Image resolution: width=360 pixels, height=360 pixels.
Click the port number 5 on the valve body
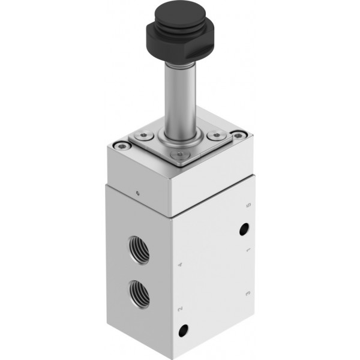pyautogui.click(x=248, y=205)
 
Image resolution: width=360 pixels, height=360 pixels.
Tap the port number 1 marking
pyautogui.click(x=248, y=250)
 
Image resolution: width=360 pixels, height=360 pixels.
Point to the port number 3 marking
pyautogui.click(x=248, y=293)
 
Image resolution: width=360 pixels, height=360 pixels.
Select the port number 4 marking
pyautogui.click(x=181, y=265)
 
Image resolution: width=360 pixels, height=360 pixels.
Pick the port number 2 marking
pyautogui.click(x=180, y=309)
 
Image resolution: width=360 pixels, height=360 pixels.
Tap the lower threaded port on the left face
pyautogui.click(x=139, y=295)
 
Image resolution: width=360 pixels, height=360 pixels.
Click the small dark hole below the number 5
pyautogui.click(x=244, y=229)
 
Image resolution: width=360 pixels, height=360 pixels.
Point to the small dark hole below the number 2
pyautogui.click(x=184, y=331)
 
